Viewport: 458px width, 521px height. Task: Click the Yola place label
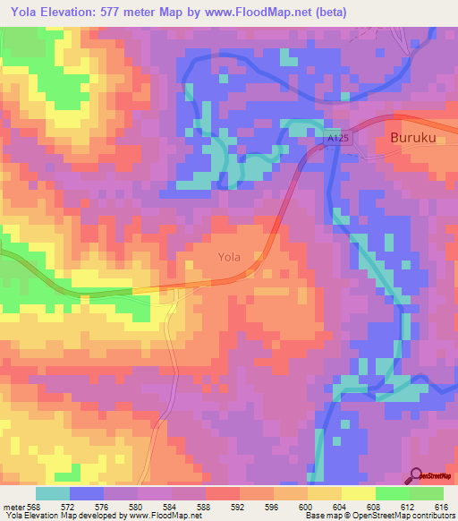(230, 257)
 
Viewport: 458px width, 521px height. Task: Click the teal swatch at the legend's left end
(53, 493)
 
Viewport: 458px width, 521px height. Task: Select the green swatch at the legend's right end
(427, 493)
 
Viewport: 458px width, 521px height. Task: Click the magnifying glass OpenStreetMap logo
(414, 475)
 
